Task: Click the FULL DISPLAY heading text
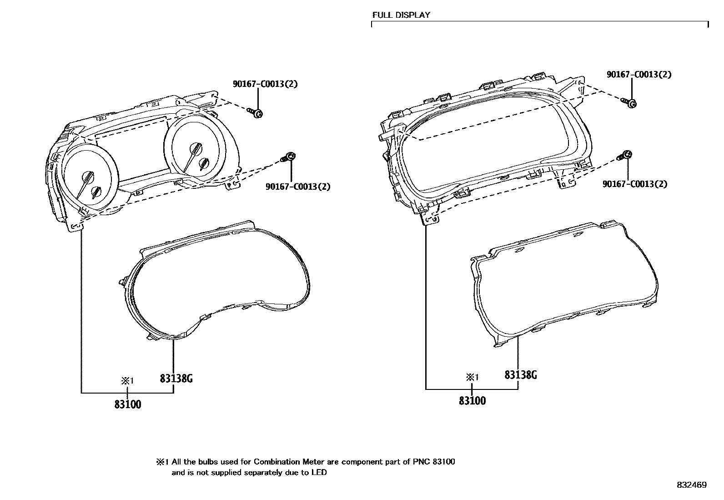tap(401, 15)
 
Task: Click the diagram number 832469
tap(691, 485)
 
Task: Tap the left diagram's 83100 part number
tap(128, 404)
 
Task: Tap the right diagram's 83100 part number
tap(472, 401)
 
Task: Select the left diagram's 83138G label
tap(176, 378)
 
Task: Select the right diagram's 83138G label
tap(521, 375)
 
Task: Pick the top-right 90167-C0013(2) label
tap(639, 74)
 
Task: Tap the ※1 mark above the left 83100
tap(127, 381)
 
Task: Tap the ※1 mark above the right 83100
tap(472, 377)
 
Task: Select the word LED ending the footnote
tap(319, 473)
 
